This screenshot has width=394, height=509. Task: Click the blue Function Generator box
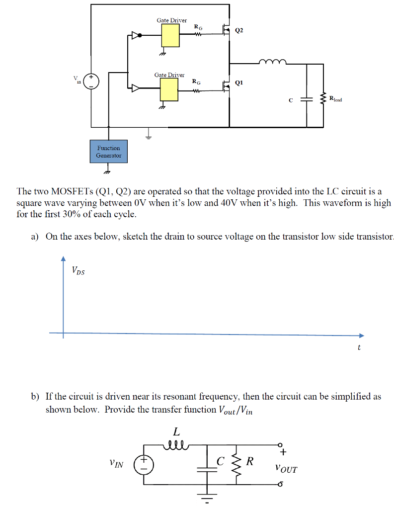pos(108,152)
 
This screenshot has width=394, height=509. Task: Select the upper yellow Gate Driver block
pos(169,35)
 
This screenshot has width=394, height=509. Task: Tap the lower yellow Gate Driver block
pos(169,89)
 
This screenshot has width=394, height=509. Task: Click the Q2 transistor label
pos(239,30)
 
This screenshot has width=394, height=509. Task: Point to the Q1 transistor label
pos(239,83)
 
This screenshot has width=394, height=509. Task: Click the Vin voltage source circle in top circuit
pos(91,81)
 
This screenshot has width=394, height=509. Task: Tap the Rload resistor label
pos(335,99)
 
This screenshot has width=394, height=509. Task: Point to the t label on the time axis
pos(359,347)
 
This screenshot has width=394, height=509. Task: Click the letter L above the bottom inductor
pos(176,431)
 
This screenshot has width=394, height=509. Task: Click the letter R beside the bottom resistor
pos(250,461)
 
